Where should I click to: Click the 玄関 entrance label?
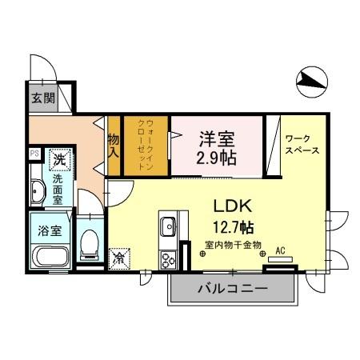pos(42,98)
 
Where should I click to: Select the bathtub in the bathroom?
pos(50,258)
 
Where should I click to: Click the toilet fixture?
pos(90,242)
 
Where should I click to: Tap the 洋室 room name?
pos(216,137)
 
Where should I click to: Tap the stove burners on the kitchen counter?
pos(168,258)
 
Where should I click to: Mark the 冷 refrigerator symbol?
pos(118,258)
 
